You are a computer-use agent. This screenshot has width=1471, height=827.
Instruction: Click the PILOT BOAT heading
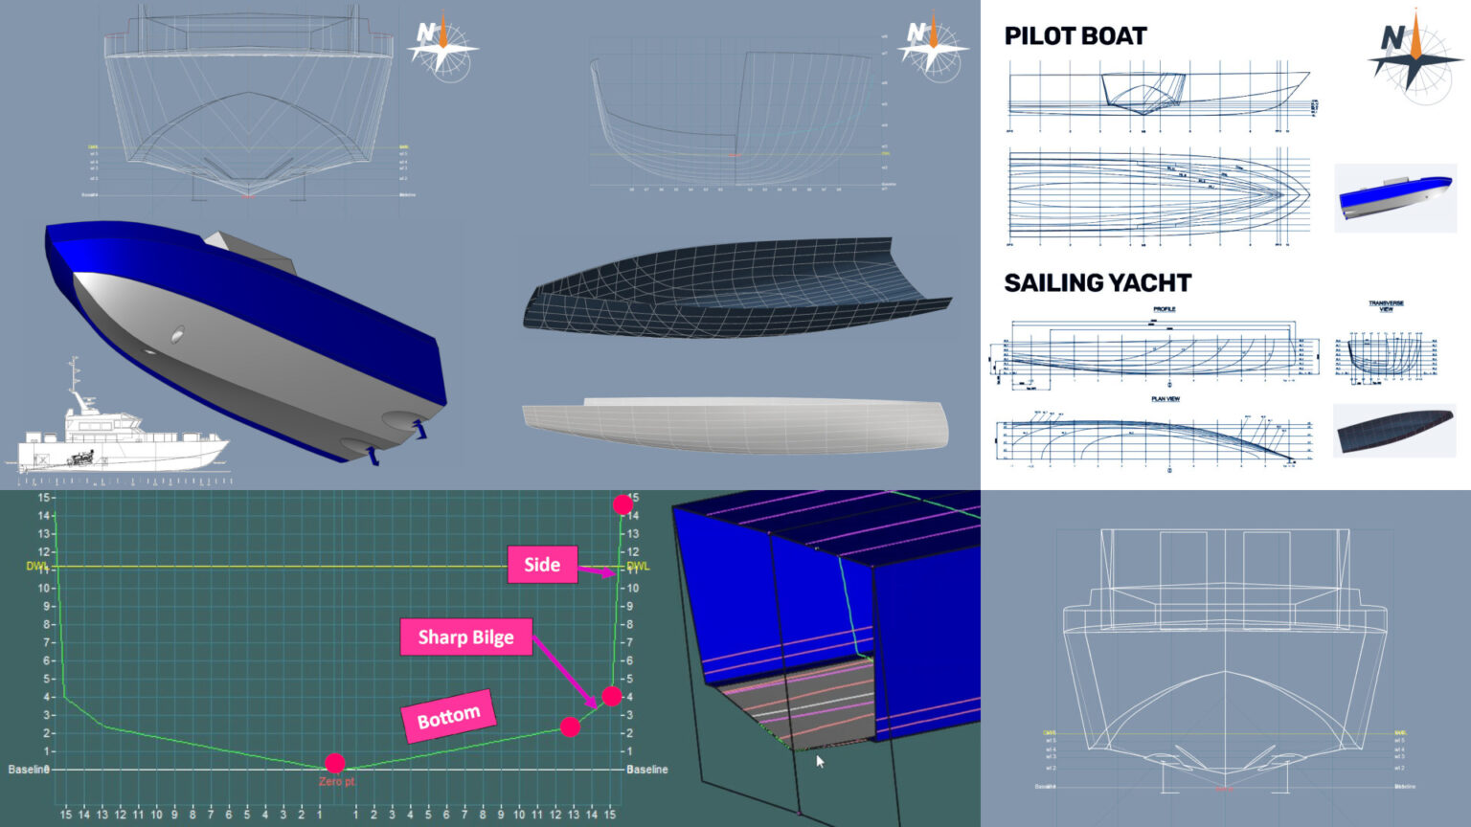(1075, 36)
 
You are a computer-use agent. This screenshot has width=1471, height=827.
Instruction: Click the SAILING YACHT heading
(1098, 283)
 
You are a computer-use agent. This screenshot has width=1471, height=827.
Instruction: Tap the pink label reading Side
(542, 565)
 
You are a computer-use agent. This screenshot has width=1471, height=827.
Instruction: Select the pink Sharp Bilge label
(465, 637)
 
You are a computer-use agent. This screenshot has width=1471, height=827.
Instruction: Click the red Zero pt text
(336, 782)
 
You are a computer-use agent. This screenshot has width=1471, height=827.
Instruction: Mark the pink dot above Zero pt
(334, 763)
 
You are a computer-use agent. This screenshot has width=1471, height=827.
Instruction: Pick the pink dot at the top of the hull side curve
(622, 504)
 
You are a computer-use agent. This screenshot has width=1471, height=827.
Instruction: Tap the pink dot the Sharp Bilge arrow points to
(611, 696)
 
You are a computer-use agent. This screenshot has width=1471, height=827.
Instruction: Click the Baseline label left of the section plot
(28, 770)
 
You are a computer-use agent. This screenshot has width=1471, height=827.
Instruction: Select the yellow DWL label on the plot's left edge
(36, 567)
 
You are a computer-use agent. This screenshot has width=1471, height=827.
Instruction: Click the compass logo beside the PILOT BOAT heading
(1414, 52)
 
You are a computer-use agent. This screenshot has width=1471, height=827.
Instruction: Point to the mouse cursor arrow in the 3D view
(820, 762)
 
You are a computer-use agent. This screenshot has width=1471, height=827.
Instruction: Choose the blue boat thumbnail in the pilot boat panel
(1394, 197)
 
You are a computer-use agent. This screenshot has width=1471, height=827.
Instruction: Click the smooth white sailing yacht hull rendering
(735, 424)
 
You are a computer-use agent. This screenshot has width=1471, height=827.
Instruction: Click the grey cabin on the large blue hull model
(251, 253)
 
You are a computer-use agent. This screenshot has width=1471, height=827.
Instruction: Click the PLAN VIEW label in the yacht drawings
(1165, 399)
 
